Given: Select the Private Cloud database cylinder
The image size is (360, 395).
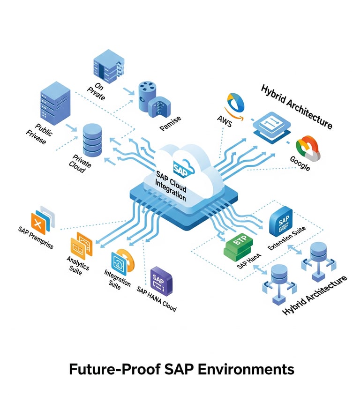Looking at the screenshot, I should (x=92, y=138).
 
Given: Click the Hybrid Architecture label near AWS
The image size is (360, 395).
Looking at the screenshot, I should (x=296, y=107).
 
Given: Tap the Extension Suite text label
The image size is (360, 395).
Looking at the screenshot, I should (x=286, y=238).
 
